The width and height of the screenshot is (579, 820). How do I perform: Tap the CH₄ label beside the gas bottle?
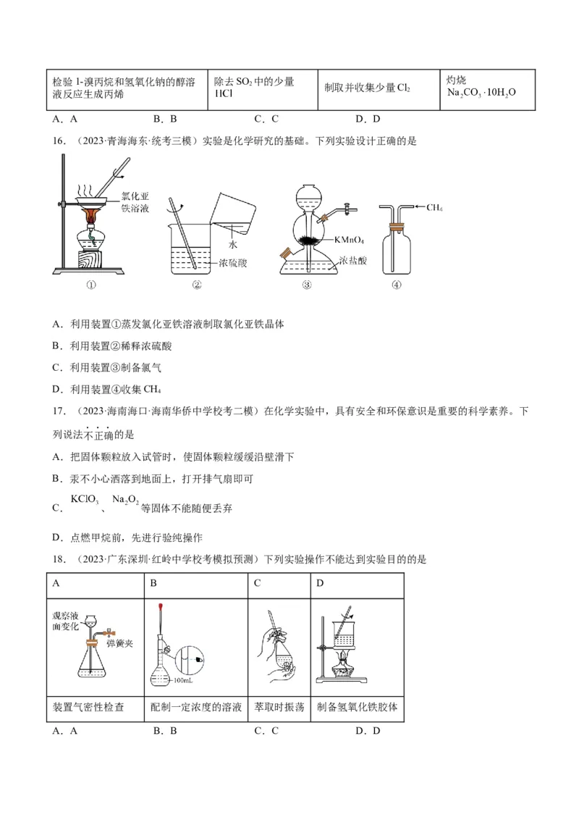click(434, 208)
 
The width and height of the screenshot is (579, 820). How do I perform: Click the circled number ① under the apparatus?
click(91, 285)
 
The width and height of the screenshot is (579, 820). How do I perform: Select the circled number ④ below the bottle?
click(396, 285)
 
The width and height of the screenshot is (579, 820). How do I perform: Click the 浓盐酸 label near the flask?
click(352, 260)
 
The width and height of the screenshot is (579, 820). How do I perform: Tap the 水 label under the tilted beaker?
click(234, 245)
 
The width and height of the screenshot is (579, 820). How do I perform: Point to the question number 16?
click(59, 141)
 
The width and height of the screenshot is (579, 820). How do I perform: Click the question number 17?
click(59, 411)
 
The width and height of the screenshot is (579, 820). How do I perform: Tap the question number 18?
click(59, 559)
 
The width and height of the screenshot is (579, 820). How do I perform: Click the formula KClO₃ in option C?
click(84, 499)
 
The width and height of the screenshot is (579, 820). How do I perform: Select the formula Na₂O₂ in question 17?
click(125, 499)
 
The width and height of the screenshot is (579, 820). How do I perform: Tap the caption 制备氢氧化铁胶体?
click(357, 706)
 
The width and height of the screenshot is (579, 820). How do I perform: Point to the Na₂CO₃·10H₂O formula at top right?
click(481, 93)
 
